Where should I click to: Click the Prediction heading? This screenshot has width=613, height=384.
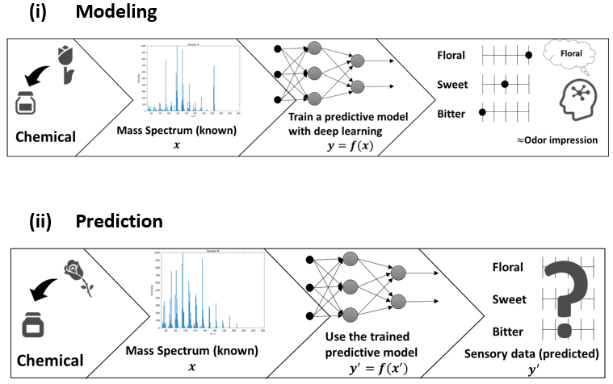click(120, 220)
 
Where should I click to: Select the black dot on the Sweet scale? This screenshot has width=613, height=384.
click(505, 83)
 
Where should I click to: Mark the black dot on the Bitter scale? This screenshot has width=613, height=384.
click(482, 112)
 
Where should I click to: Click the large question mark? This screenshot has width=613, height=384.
click(566, 298)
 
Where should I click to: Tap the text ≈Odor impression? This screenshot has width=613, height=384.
click(557, 140)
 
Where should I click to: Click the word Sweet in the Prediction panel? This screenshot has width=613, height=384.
click(509, 300)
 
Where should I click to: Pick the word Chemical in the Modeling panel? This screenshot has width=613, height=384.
click(45, 136)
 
